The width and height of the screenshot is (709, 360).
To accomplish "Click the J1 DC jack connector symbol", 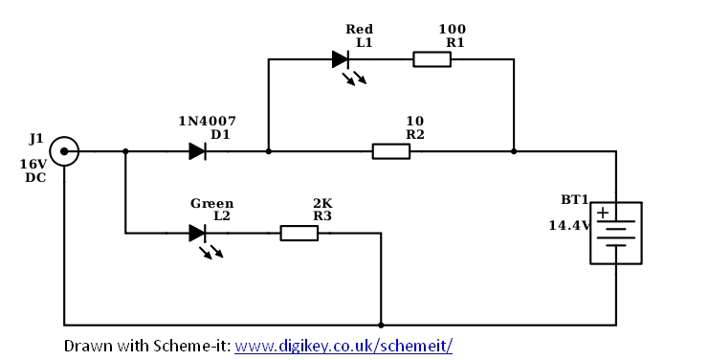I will pos(64,150).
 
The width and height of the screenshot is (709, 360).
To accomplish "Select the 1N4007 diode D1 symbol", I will pos(198,150).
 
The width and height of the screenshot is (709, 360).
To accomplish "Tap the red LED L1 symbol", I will pos(341,59).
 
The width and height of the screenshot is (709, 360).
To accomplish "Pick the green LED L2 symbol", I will pos(198,232).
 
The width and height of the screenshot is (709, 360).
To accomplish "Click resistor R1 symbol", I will pos(432,59).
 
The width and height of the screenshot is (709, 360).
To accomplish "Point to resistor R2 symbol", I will pos(390,150).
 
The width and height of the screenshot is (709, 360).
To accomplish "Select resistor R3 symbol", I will pos(299,232).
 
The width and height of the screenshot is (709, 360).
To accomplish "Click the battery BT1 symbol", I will pos(615,233).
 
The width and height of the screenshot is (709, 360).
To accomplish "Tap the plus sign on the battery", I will pos(603,213).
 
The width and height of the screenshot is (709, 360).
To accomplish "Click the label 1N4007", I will pos(208,121).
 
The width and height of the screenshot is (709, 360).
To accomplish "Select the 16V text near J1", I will pos(33,164).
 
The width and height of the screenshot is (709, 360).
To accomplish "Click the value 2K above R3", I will pos(322,203).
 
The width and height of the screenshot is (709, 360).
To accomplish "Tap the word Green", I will pos(211,203).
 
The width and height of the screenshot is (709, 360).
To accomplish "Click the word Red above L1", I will pos(359,30).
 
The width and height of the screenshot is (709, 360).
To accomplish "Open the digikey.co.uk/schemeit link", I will pos(343,344).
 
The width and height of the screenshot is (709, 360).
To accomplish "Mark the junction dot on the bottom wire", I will pos(381,325).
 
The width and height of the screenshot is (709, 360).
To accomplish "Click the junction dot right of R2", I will pos(514,150).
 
